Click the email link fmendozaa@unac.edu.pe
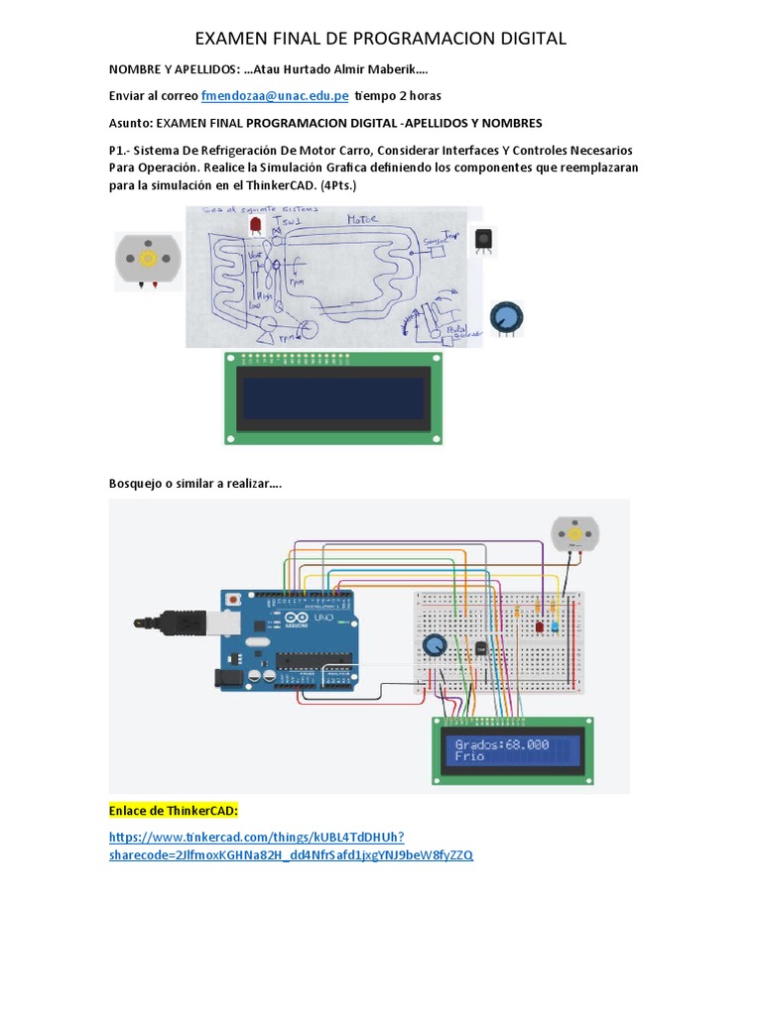point(274,96)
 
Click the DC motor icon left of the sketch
point(149,259)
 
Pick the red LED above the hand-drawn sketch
point(256,227)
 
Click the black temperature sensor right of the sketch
point(483,240)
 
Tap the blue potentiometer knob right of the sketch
point(506,317)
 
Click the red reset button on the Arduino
point(233,600)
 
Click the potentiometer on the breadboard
point(434,646)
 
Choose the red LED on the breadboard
point(540,626)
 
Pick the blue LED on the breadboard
point(554,626)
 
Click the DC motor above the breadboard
point(571,534)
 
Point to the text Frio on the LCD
point(470,756)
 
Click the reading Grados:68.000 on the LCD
point(501,742)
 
